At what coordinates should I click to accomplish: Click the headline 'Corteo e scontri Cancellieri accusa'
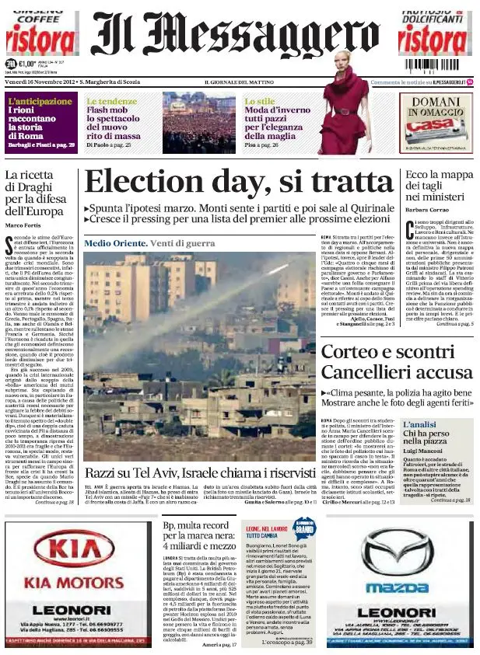coord(397,362)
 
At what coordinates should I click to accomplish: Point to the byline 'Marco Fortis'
coord(23,225)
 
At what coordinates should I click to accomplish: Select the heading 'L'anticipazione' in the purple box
coord(39,102)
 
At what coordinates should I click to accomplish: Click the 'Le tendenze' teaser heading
coord(111,102)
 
